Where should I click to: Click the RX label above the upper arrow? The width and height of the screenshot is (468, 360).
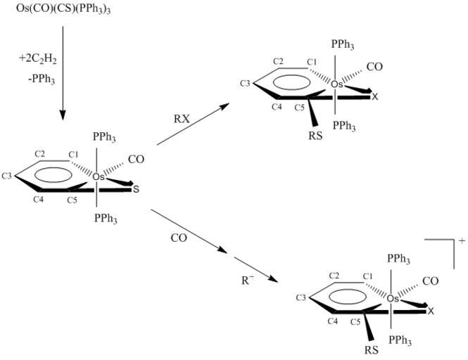click(182, 118)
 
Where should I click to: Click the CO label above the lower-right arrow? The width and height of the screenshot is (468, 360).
click(179, 238)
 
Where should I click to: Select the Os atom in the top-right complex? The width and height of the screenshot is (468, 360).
click(337, 84)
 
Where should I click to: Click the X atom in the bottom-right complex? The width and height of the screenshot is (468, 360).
click(431, 311)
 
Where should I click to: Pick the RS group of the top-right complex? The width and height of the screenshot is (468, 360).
click(315, 136)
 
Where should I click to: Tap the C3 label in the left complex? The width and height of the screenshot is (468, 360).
click(8, 175)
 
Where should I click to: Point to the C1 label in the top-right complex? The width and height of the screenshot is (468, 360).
click(312, 63)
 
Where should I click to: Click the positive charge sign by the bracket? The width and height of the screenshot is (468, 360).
click(462, 241)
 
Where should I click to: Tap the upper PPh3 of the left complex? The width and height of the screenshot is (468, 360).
click(105, 137)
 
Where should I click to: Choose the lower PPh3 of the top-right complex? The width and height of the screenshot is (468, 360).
click(343, 126)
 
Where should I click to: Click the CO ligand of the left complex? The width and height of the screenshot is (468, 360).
click(136, 160)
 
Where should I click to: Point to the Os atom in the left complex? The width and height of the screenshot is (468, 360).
click(99, 176)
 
